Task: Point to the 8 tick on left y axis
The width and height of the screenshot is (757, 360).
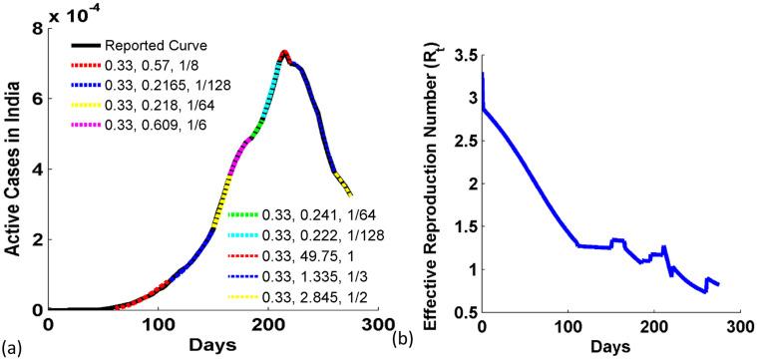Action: click(38, 29)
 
